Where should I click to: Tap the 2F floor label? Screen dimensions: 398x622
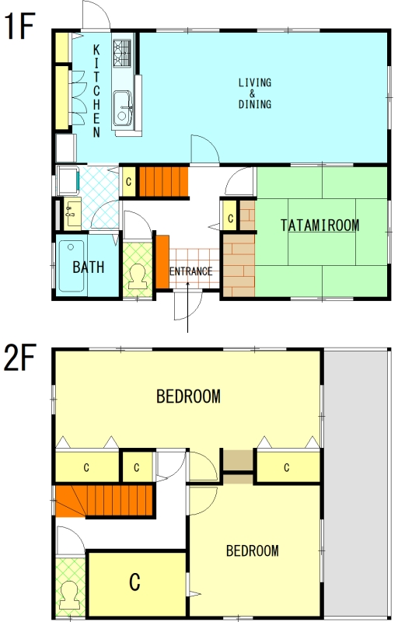click(x=19, y=357)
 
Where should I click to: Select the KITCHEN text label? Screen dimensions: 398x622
click(x=96, y=91)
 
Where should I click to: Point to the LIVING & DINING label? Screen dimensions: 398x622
click(x=254, y=93)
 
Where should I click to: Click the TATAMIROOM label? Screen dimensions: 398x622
click(x=320, y=225)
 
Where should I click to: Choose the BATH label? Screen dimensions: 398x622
click(x=89, y=267)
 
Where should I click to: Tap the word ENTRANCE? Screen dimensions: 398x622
click(x=190, y=271)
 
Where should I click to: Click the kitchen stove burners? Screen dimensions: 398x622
click(x=122, y=52)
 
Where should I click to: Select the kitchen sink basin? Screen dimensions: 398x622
click(x=122, y=108)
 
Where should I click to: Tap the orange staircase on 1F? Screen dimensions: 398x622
click(x=163, y=182)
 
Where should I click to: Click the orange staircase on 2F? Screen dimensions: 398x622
click(x=104, y=500)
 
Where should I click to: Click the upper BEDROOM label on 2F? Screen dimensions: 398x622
click(x=188, y=397)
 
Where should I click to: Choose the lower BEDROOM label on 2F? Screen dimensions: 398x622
click(x=252, y=550)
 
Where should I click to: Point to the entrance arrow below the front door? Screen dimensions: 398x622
click(x=187, y=306)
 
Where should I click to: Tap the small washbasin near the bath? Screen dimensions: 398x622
click(x=72, y=214)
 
